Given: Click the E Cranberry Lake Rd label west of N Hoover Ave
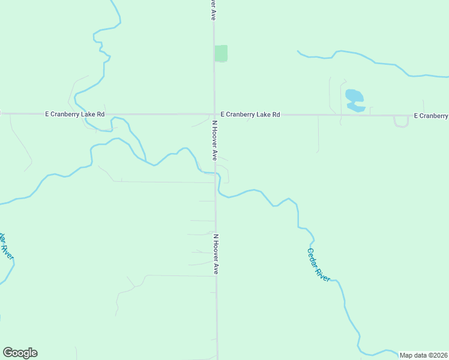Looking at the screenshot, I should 75,114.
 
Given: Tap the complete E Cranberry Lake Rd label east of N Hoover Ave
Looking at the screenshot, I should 250,114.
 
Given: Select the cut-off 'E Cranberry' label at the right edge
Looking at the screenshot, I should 431,115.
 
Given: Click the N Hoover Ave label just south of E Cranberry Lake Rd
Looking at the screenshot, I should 214,140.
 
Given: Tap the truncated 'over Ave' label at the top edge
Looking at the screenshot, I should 212,10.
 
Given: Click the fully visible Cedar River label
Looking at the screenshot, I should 318,265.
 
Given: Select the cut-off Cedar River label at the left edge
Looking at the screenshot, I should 6,245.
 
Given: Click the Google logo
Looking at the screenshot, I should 20,353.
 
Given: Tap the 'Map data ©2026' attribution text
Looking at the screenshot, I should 424,355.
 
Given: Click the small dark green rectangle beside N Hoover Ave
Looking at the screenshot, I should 221,53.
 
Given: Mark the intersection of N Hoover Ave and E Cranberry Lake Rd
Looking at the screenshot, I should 214,114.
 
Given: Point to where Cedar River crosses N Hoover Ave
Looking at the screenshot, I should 215,173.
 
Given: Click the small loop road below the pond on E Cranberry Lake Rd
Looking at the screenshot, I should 401,122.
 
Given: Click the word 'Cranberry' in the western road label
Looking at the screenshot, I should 71,114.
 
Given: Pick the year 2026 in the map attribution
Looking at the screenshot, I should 439,355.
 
